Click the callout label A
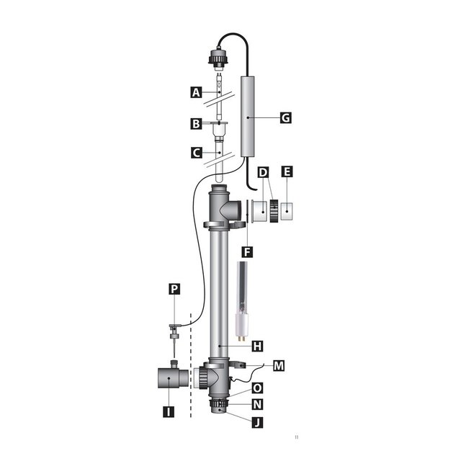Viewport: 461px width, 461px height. [194, 92]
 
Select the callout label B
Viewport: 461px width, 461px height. [194, 124]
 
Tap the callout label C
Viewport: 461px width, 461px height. [194, 153]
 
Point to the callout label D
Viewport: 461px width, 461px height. [263, 173]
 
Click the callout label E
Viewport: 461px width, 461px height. [287, 173]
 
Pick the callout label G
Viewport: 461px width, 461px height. [286, 117]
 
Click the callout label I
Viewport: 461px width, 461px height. [167, 414]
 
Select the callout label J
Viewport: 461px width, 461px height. [256, 423]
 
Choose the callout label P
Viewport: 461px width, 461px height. [173, 289]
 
